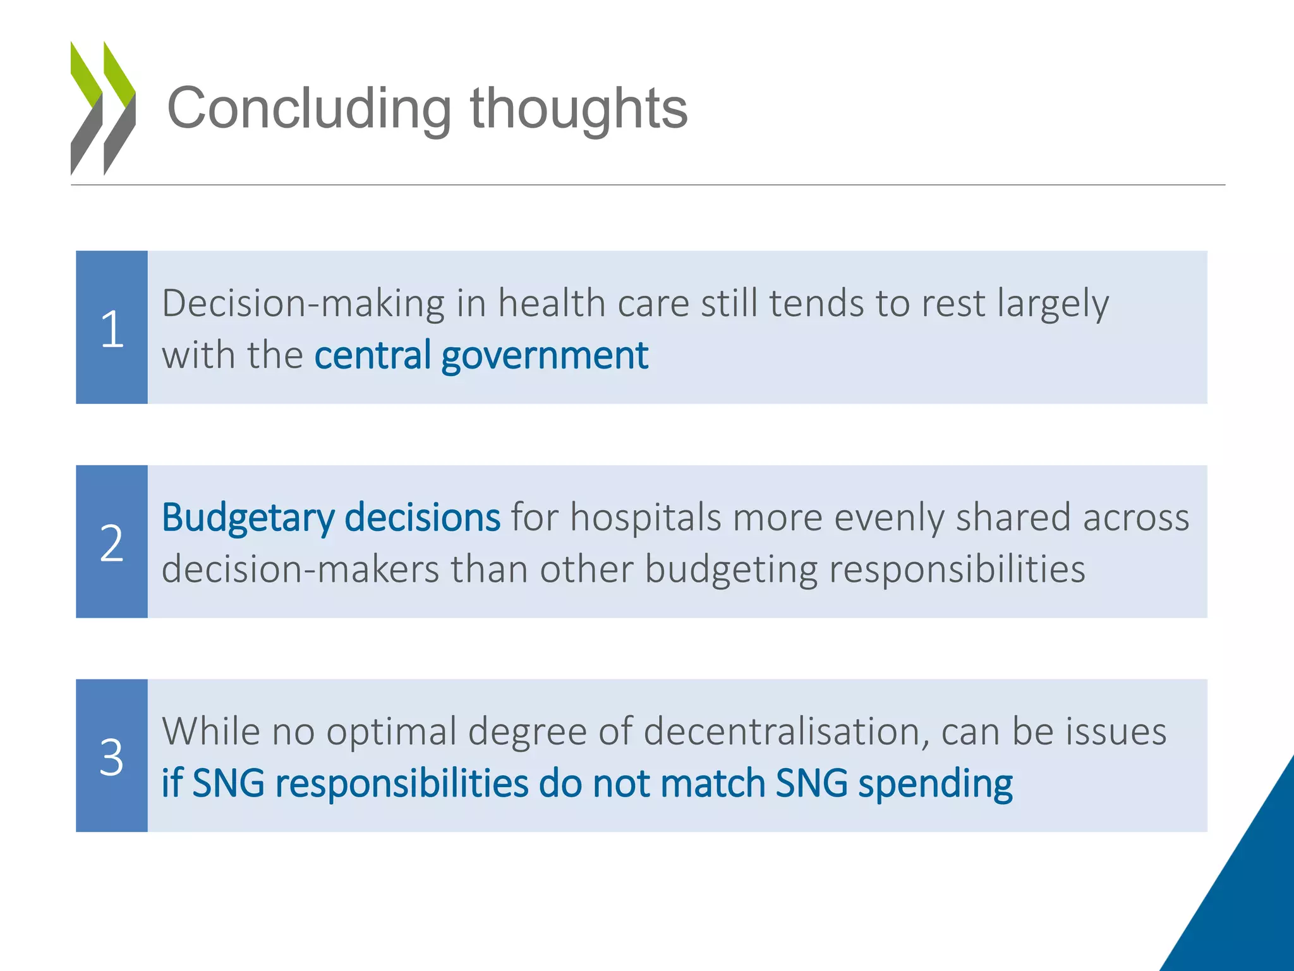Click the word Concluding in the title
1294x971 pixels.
309,109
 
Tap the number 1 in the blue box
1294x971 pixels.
112,329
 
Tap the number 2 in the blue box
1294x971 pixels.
112,543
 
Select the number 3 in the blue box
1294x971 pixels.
112,757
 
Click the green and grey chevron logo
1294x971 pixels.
103,108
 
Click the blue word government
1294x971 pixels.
545,355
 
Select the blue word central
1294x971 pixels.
373,355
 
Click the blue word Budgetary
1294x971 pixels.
248,518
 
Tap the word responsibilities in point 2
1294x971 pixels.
957,569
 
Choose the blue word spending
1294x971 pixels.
935,784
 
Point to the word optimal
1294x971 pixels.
392,731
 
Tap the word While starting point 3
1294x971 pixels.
211,731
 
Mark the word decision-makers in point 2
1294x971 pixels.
300,569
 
